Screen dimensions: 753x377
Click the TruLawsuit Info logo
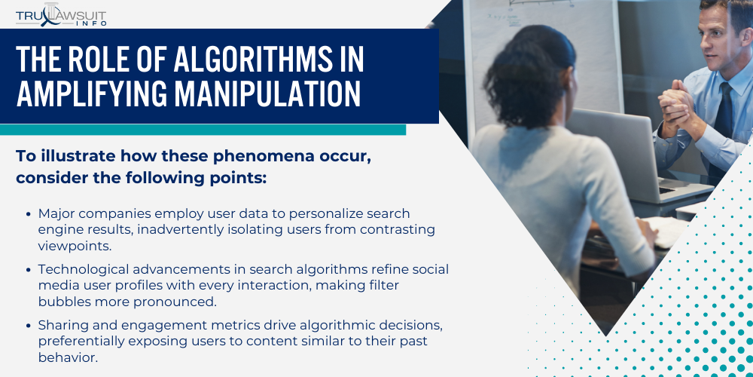point(61,14)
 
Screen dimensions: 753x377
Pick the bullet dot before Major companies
point(29,213)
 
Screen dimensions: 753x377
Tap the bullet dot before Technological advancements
point(29,269)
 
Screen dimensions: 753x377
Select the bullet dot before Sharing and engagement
point(29,326)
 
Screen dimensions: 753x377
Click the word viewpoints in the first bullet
point(75,247)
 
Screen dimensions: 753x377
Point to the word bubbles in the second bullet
point(64,302)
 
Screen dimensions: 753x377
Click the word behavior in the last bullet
point(68,358)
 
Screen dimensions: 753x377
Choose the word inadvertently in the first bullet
point(180,229)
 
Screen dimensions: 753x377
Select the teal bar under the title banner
point(203,130)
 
